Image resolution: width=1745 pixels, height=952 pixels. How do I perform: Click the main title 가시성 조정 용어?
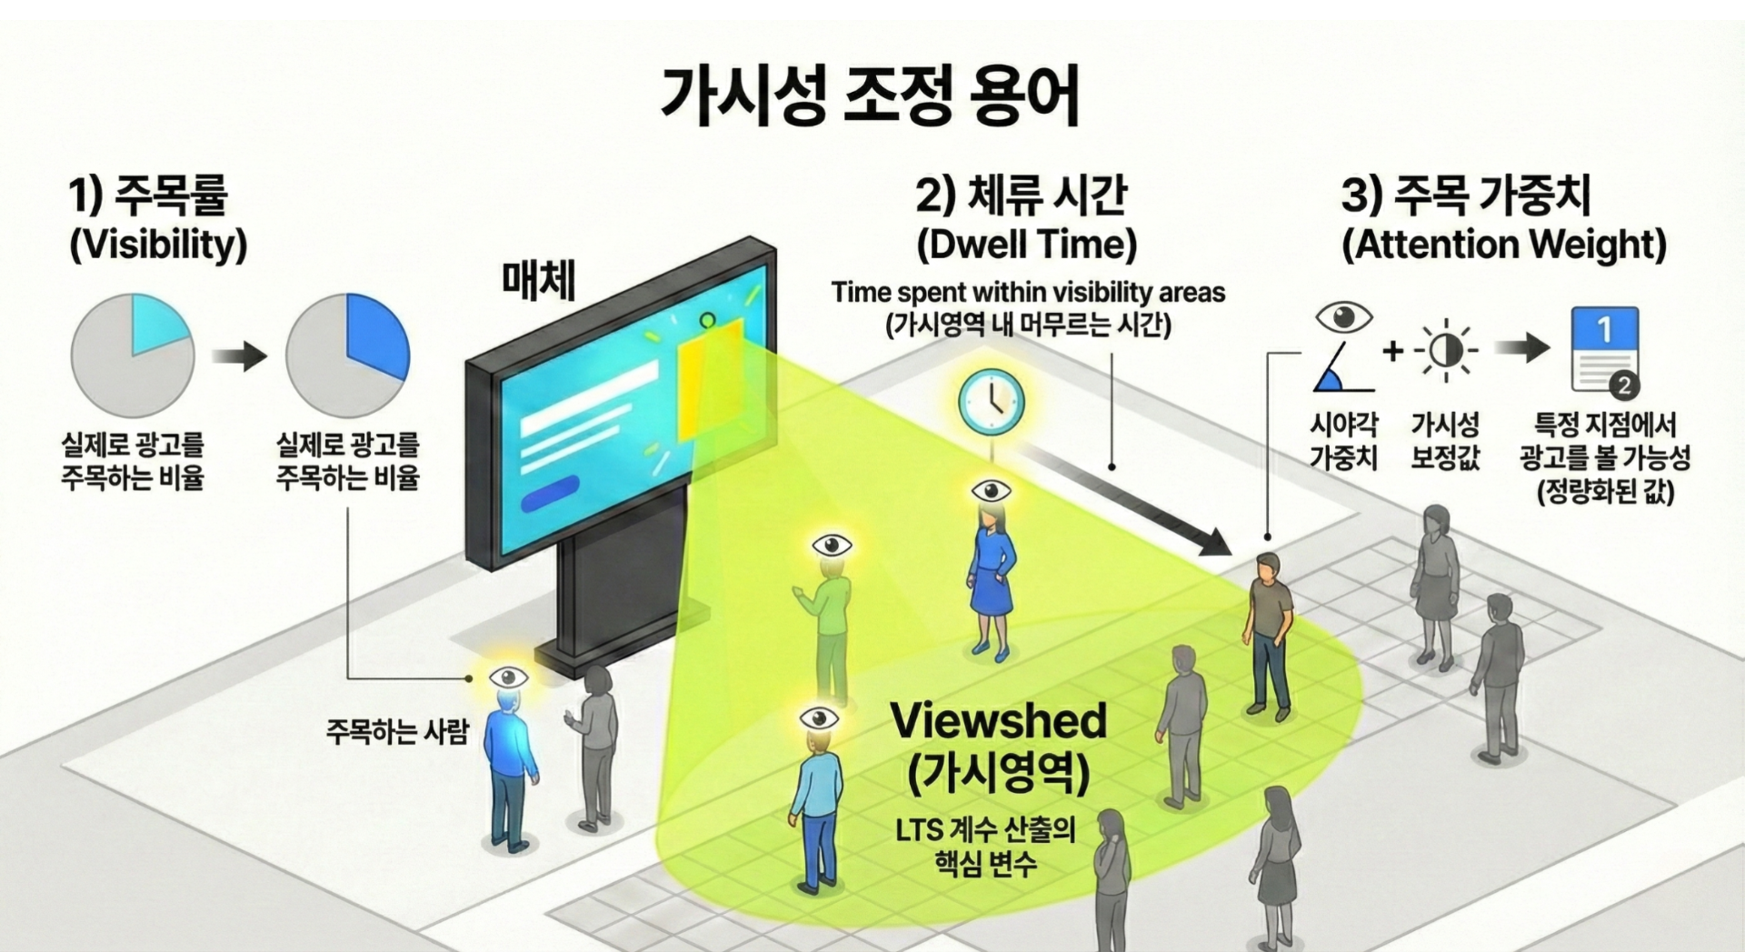click(x=870, y=95)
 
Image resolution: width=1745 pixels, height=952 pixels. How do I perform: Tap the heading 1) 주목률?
click(x=148, y=195)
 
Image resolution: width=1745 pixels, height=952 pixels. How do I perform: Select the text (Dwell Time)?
click(x=1026, y=244)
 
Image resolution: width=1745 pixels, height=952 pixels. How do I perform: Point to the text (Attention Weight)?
click(x=1504, y=244)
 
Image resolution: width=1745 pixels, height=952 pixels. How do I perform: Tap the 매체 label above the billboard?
click(x=539, y=280)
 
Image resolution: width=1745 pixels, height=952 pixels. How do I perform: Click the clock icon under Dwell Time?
click(x=992, y=401)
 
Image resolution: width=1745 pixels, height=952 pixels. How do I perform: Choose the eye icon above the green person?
click(x=832, y=546)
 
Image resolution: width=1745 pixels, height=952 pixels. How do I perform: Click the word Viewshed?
click(x=998, y=721)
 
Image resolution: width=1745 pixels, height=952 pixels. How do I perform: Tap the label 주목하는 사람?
click(x=397, y=731)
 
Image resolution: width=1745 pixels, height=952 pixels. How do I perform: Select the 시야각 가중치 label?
click(x=1343, y=441)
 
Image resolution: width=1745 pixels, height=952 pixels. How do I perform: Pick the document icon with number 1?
click(x=1605, y=350)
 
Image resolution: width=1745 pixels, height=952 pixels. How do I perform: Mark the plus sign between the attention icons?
click(x=1392, y=350)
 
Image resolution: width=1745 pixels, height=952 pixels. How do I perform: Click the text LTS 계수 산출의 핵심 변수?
click(x=985, y=847)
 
